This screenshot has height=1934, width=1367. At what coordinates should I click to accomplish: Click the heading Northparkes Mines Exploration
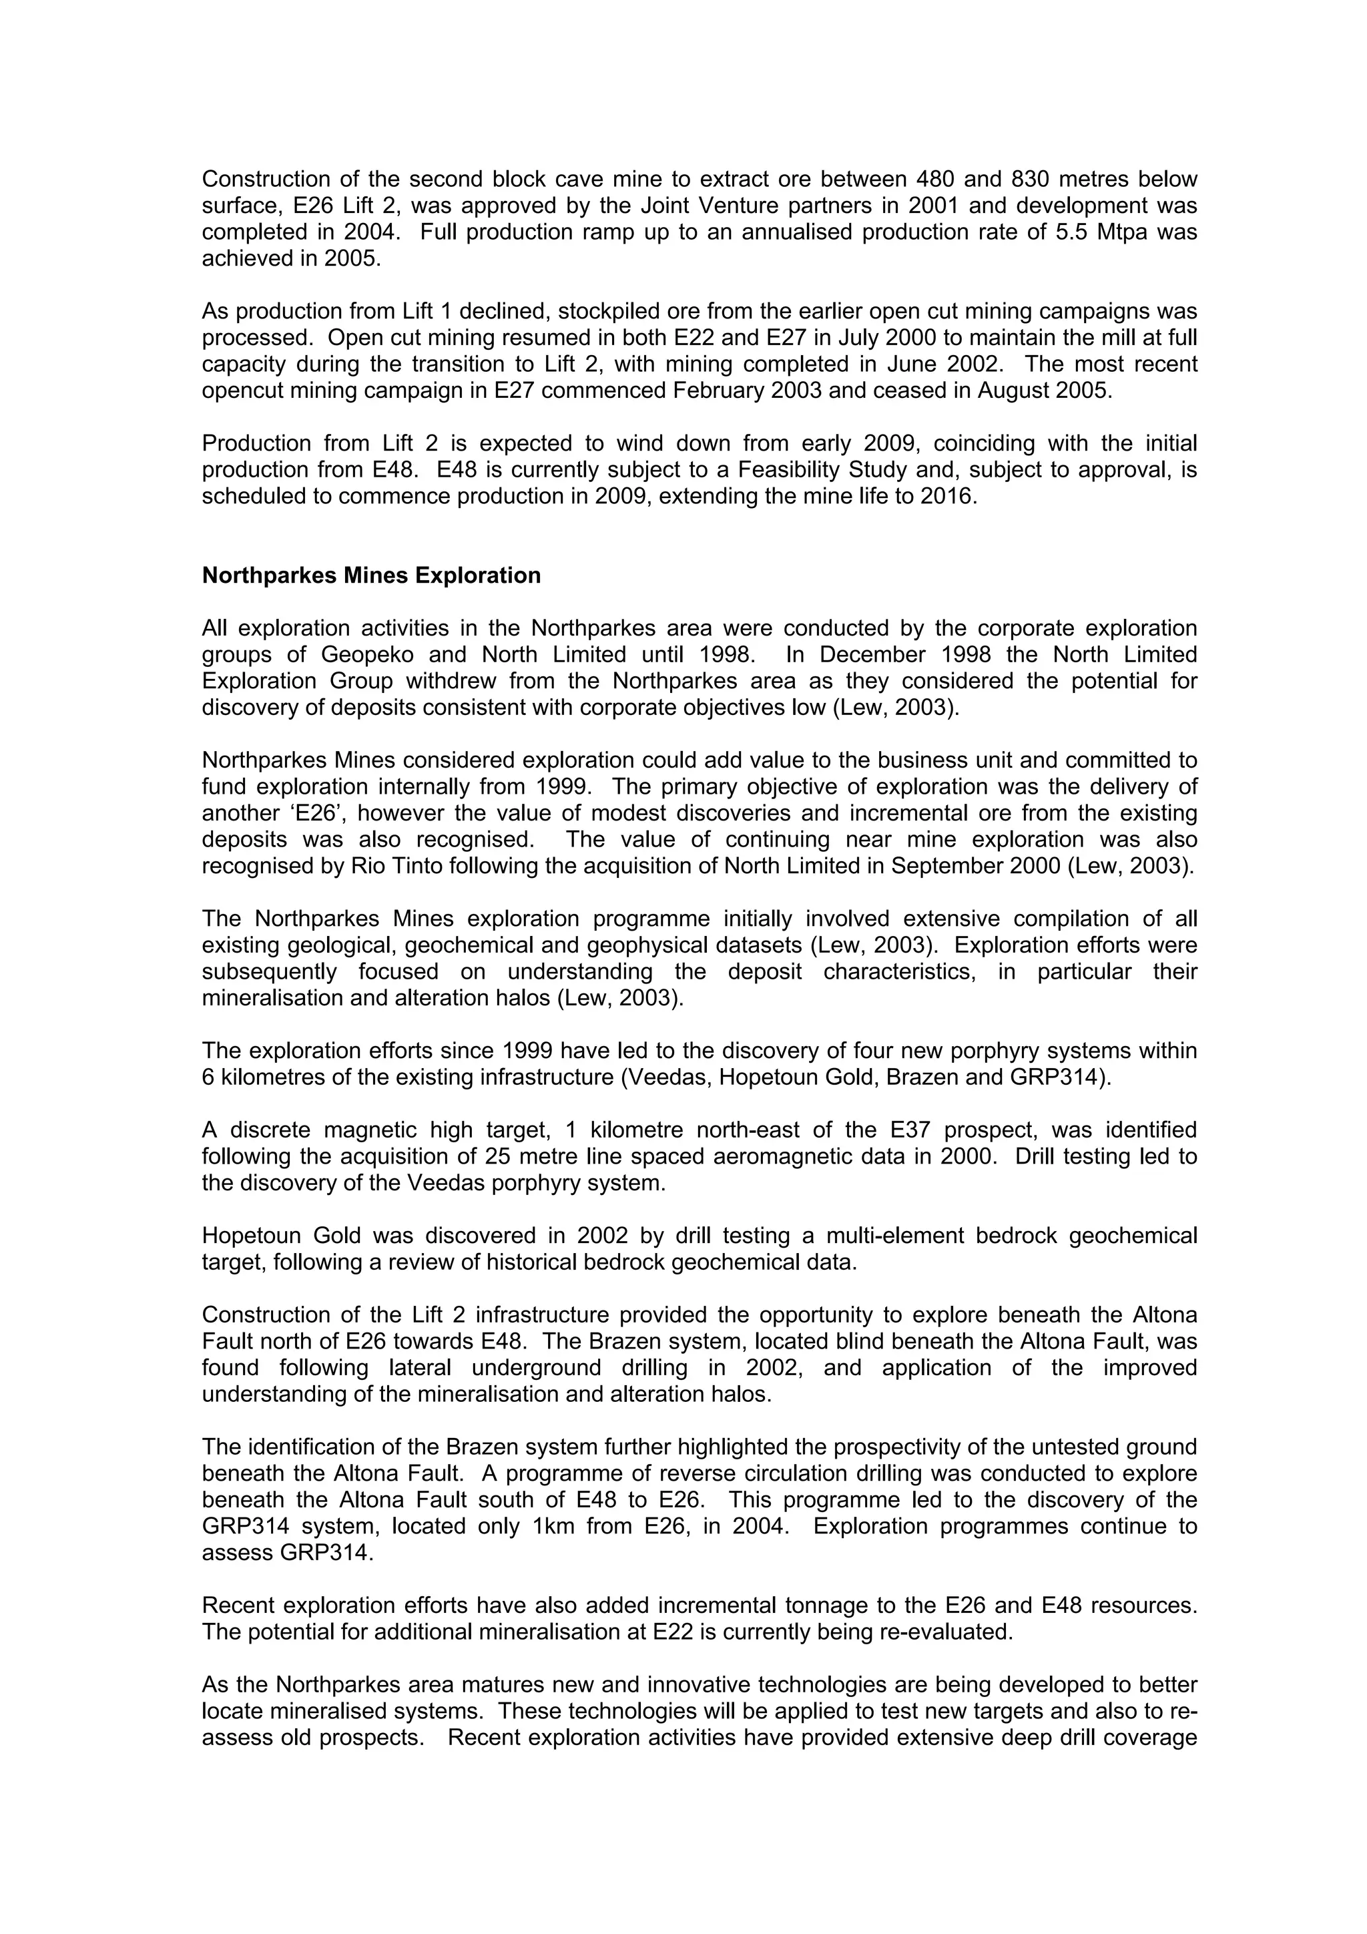click(x=370, y=575)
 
